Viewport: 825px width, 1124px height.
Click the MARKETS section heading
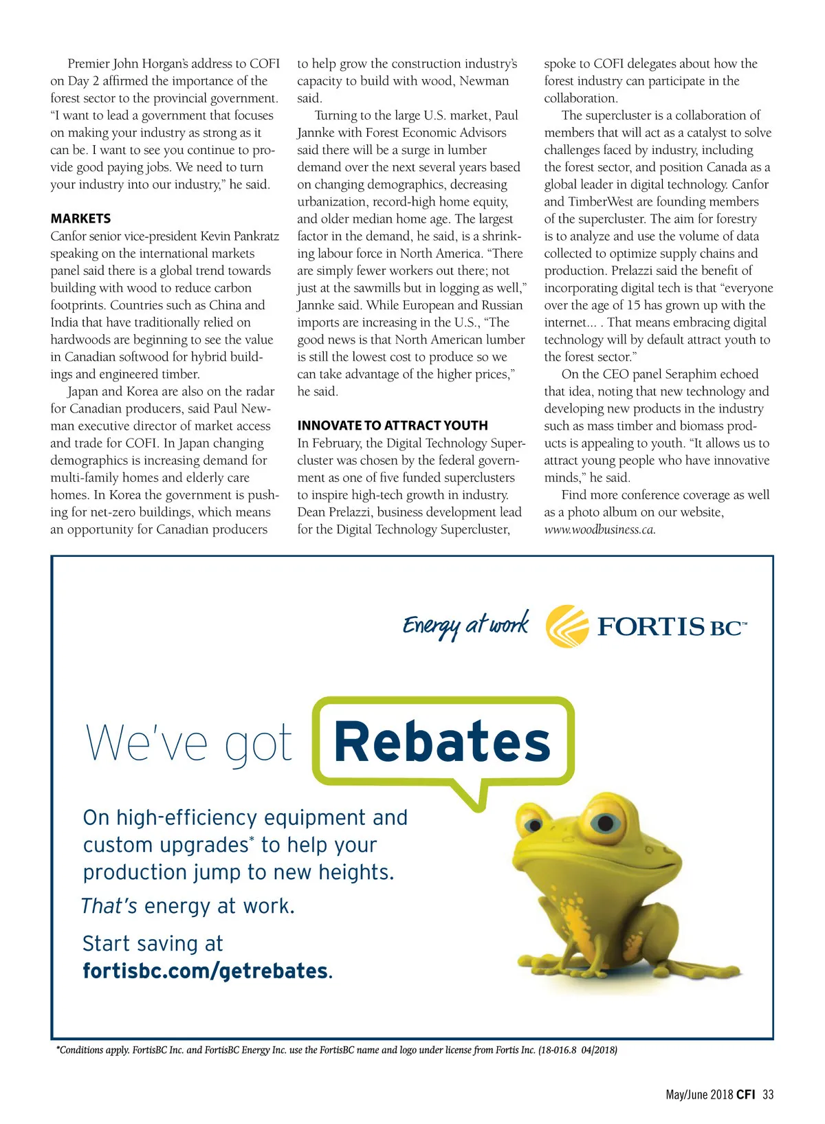[80, 219]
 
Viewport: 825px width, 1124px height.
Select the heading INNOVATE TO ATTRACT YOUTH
[393, 426]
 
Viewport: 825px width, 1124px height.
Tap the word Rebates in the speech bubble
[442, 742]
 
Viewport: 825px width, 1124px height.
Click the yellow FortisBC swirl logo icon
[567, 626]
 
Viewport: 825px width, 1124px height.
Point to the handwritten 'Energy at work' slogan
[465, 625]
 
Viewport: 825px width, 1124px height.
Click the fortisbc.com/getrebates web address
[206, 971]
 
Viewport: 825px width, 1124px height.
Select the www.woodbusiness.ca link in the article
[599, 529]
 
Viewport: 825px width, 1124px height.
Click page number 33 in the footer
[768, 1094]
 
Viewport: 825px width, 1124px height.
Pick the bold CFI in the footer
[745, 1094]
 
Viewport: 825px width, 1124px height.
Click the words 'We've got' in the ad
[189, 744]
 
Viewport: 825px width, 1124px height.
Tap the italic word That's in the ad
[109, 906]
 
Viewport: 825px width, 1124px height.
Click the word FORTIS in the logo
[650, 626]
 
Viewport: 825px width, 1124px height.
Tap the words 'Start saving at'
[153, 944]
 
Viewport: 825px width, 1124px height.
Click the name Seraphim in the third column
[694, 374]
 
